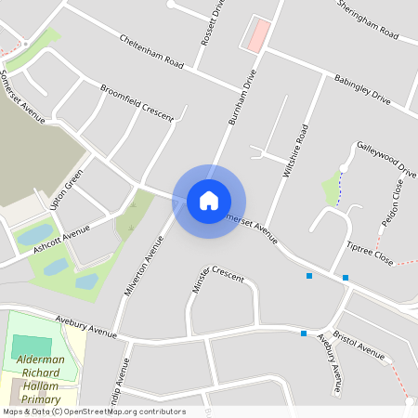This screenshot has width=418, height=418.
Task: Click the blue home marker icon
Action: pyautogui.click(x=209, y=200)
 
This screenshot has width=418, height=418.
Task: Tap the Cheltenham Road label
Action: pyautogui.click(x=150, y=53)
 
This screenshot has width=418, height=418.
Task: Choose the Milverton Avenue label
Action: pyautogui.click(x=143, y=266)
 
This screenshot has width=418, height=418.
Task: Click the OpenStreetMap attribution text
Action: pyautogui.click(x=94, y=411)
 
